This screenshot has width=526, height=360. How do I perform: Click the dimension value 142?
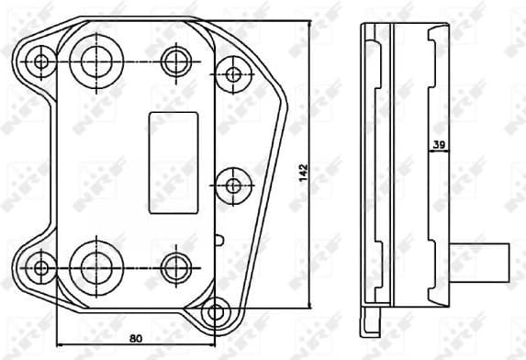tap(303, 173)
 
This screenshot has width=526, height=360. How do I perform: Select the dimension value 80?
tap(135, 338)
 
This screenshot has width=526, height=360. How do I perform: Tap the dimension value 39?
tap(438, 143)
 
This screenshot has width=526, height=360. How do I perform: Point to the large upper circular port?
tap(95, 61)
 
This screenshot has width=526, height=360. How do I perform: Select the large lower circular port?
tap(95, 266)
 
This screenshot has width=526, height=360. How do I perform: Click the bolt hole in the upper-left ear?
tap(40, 62)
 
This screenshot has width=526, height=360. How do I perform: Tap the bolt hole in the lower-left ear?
tap(40, 267)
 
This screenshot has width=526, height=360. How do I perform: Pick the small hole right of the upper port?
tap(174, 62)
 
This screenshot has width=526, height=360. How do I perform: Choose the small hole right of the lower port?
tap(174, 267)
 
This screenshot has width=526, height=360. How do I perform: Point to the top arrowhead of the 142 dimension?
tap(310, 20)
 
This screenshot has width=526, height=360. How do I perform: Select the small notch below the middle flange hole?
tap(218, 241)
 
